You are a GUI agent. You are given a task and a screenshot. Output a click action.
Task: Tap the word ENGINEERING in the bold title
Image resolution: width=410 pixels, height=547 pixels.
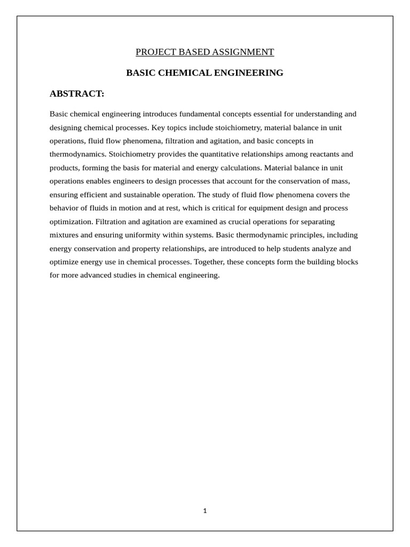(x=249, y=73)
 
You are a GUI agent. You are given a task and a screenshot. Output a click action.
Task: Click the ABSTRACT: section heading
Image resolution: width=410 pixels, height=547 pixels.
(x=77, y=93)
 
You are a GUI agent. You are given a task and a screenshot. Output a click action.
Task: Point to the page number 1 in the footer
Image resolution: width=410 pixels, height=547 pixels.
(x=205, y=511)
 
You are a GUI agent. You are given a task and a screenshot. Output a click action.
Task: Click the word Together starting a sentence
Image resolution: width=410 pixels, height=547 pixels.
(x=209, y=262)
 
